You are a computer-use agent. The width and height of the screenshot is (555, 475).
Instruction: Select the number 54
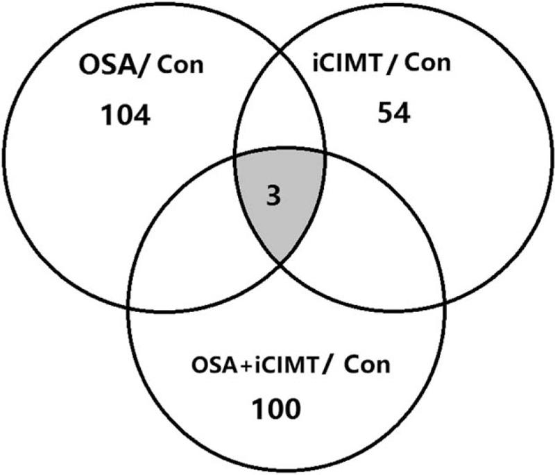(x=394, y=113)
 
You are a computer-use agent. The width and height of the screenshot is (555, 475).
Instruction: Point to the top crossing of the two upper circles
(x=280, y=47)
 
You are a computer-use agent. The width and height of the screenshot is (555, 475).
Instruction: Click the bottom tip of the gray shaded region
(x=280, y=262)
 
